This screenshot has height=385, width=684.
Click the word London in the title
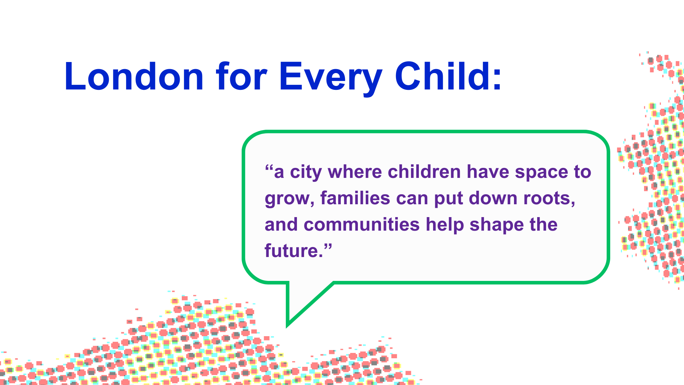134,76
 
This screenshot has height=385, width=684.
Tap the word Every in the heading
331,78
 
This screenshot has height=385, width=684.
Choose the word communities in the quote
362,225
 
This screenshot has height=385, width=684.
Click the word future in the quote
291,251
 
